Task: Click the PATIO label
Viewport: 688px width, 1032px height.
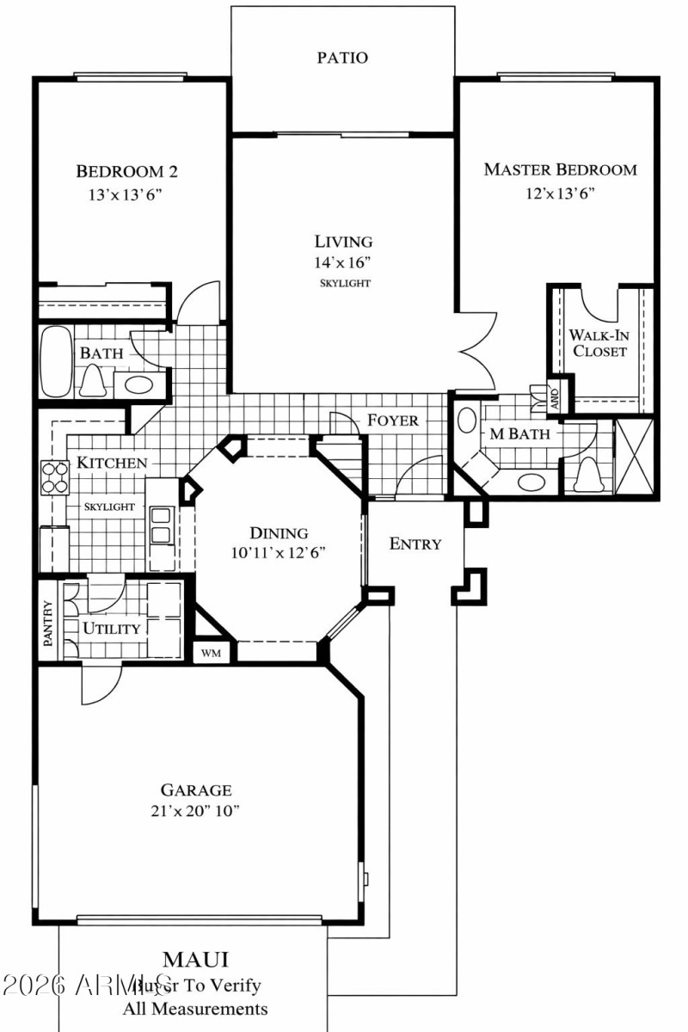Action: tap(342, 58)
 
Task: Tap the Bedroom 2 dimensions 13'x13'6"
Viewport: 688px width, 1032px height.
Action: tap(126, 194)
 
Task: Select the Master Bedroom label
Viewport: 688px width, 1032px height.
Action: tap(560, 169)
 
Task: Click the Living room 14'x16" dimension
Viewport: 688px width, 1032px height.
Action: tap(342, 262)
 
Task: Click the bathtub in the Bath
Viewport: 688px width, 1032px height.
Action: tap(58, 361)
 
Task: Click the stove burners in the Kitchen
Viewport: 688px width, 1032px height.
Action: tap(55, 478)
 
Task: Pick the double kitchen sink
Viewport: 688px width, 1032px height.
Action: tap(161, 525)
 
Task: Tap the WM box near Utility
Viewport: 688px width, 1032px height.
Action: tap(211, 653)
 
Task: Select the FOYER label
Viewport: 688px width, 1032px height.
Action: tap(393, 420)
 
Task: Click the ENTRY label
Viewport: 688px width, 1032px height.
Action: tap(415, 544)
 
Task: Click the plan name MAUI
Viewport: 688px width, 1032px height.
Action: tap(196, 959)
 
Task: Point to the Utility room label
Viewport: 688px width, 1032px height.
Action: tap(111, 628)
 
